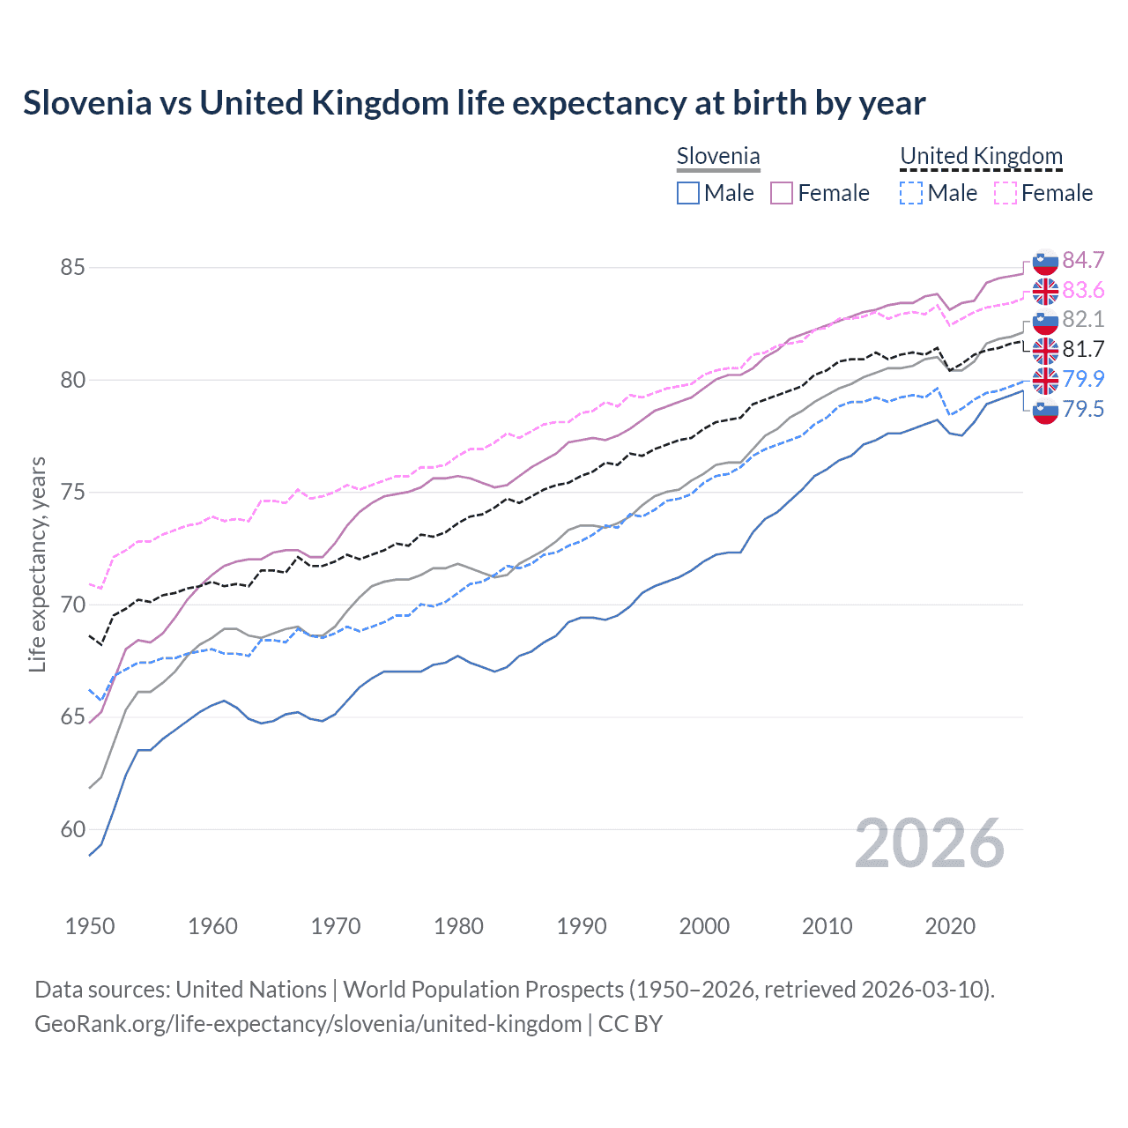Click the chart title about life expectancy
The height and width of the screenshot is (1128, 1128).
[474, 103]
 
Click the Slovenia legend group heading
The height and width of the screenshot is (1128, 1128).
[718, 157]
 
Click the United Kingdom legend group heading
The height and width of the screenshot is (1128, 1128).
[981, 157]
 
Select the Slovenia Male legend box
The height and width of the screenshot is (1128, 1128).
[688, 193]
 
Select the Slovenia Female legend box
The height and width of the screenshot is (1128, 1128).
[782, 193]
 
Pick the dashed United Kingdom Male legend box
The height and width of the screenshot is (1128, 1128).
[911, 193]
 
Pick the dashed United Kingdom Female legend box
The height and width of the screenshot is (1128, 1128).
[1006, 193]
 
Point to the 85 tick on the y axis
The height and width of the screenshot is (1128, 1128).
[72, 267]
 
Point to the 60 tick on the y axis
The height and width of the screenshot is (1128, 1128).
[72, 829]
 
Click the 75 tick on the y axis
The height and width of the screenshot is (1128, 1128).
[72, 492]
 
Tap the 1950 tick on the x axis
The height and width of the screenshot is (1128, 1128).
[90, 926]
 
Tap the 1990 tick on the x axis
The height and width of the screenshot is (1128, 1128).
[582, 926]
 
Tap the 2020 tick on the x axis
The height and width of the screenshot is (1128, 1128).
[950, 926]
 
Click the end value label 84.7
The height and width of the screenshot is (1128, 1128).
[1083, 260]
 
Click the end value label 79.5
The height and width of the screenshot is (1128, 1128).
[1083, 409]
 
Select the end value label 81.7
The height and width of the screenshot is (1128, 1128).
[1083, 350]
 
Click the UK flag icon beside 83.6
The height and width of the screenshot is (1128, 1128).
[1045, 291]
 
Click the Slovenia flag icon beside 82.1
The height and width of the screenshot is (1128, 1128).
[1045, 321]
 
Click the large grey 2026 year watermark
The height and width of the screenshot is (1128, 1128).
[929, 843]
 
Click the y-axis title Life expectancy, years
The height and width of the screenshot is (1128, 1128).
[38, 564]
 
